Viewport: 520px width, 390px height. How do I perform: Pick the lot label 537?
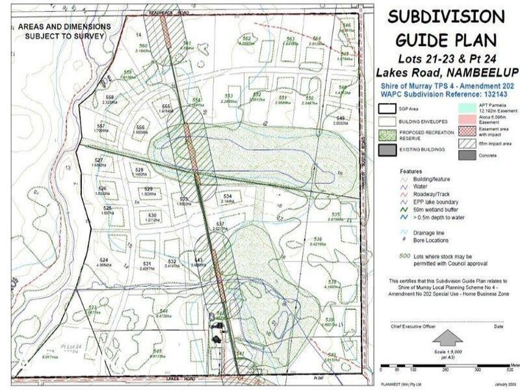click(x=220, y=224)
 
